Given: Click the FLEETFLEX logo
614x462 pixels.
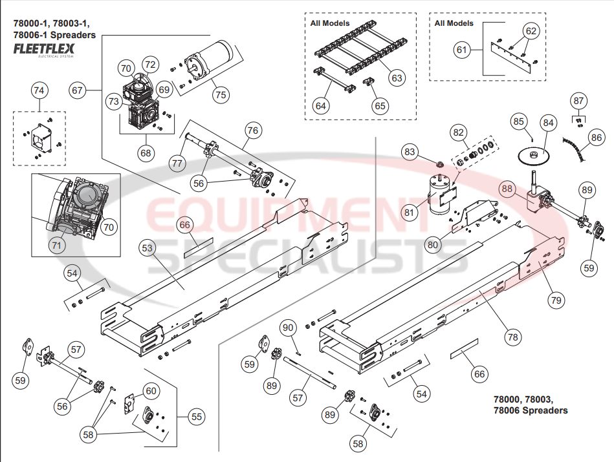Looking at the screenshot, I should point(44,48).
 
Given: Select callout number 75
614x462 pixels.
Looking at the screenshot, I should point(221,94).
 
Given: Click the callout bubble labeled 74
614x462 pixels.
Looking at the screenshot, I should point(39,91).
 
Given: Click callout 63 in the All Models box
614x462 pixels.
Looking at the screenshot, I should point(396,78).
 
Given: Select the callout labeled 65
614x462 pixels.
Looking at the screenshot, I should point(379,105).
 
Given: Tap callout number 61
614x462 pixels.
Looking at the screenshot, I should point(461,50).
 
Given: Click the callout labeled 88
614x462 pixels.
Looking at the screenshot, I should point(507,189).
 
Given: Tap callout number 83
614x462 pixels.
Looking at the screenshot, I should point(410,152).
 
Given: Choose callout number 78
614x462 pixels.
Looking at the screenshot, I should point(512,337).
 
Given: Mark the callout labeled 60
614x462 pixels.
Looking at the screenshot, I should point(150,390).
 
